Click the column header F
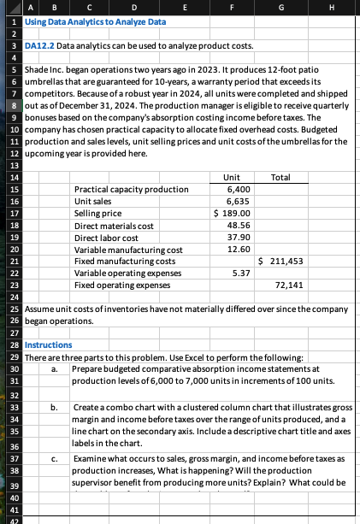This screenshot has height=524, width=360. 231,6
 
